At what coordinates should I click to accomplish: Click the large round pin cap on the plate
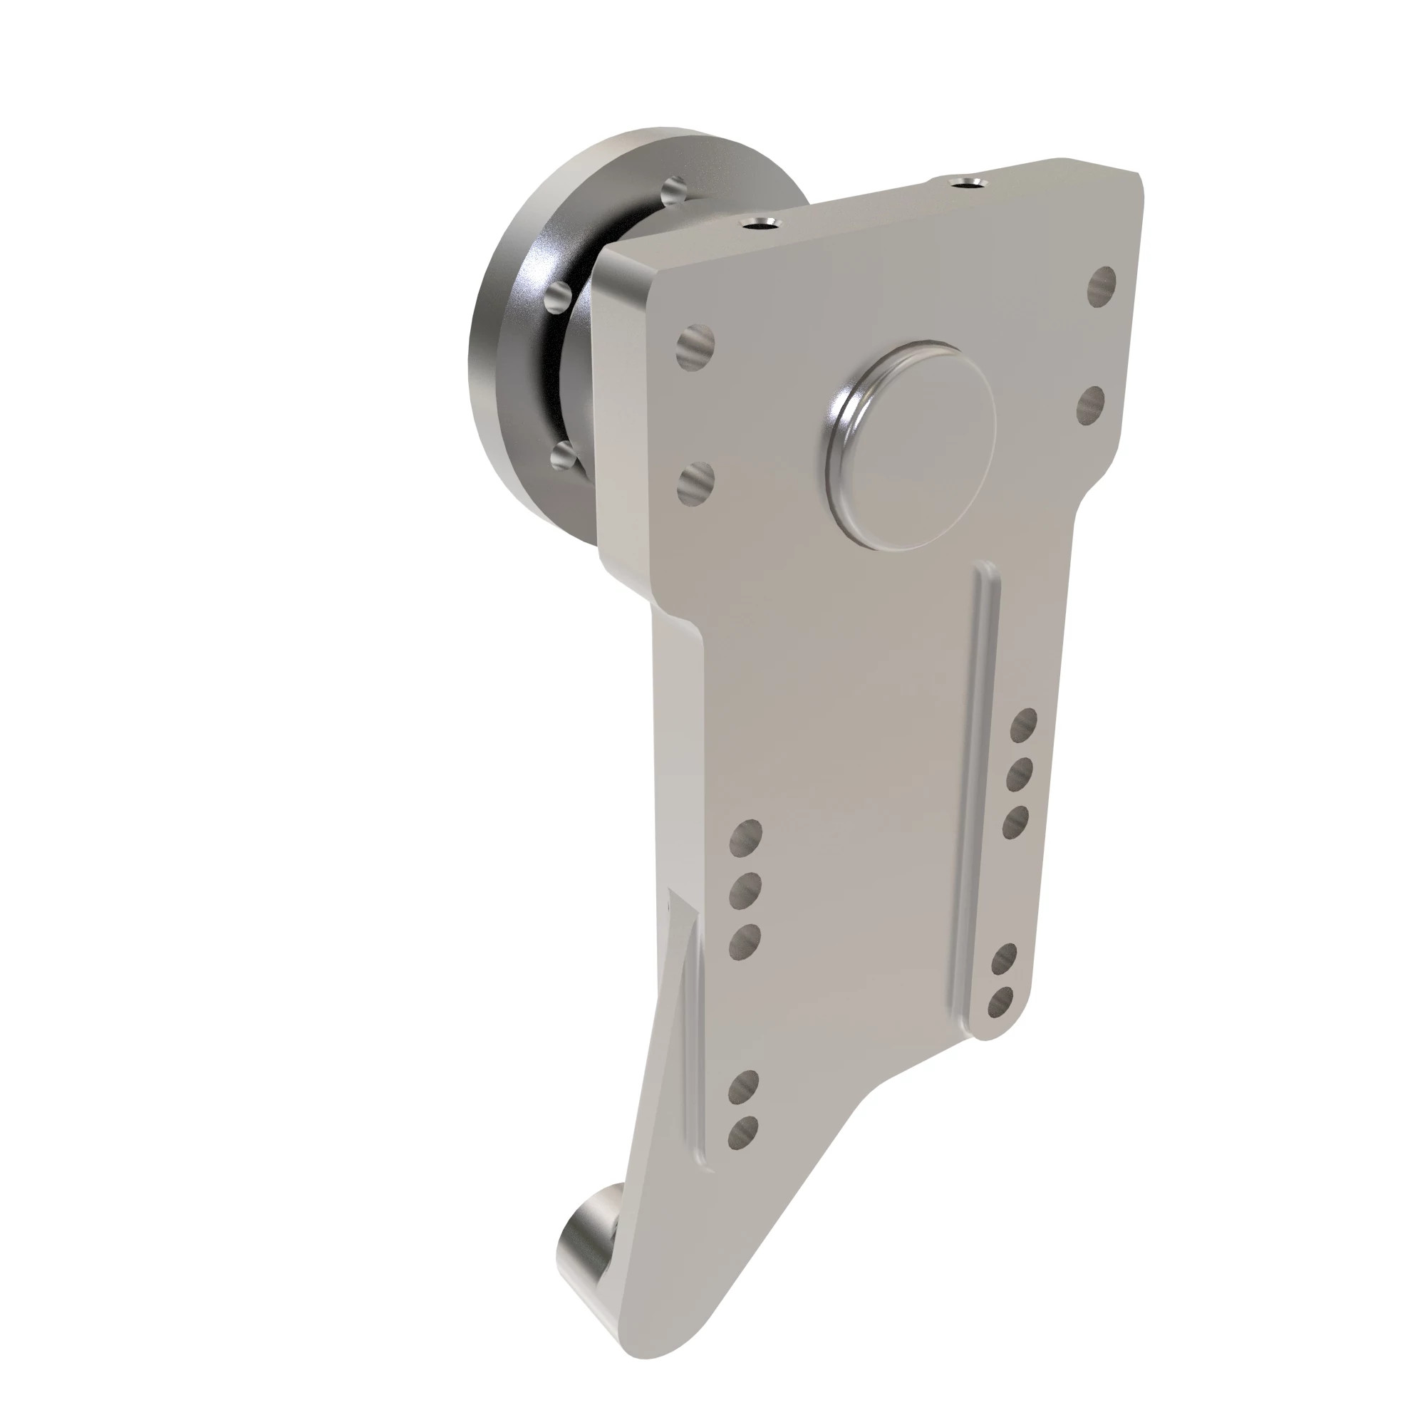[x=913, y=444]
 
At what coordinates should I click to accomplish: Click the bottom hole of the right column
[x=1001, y=1005]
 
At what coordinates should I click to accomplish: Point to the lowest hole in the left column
[x=742, y=1153]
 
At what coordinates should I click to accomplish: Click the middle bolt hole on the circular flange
[x=559, y=298]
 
